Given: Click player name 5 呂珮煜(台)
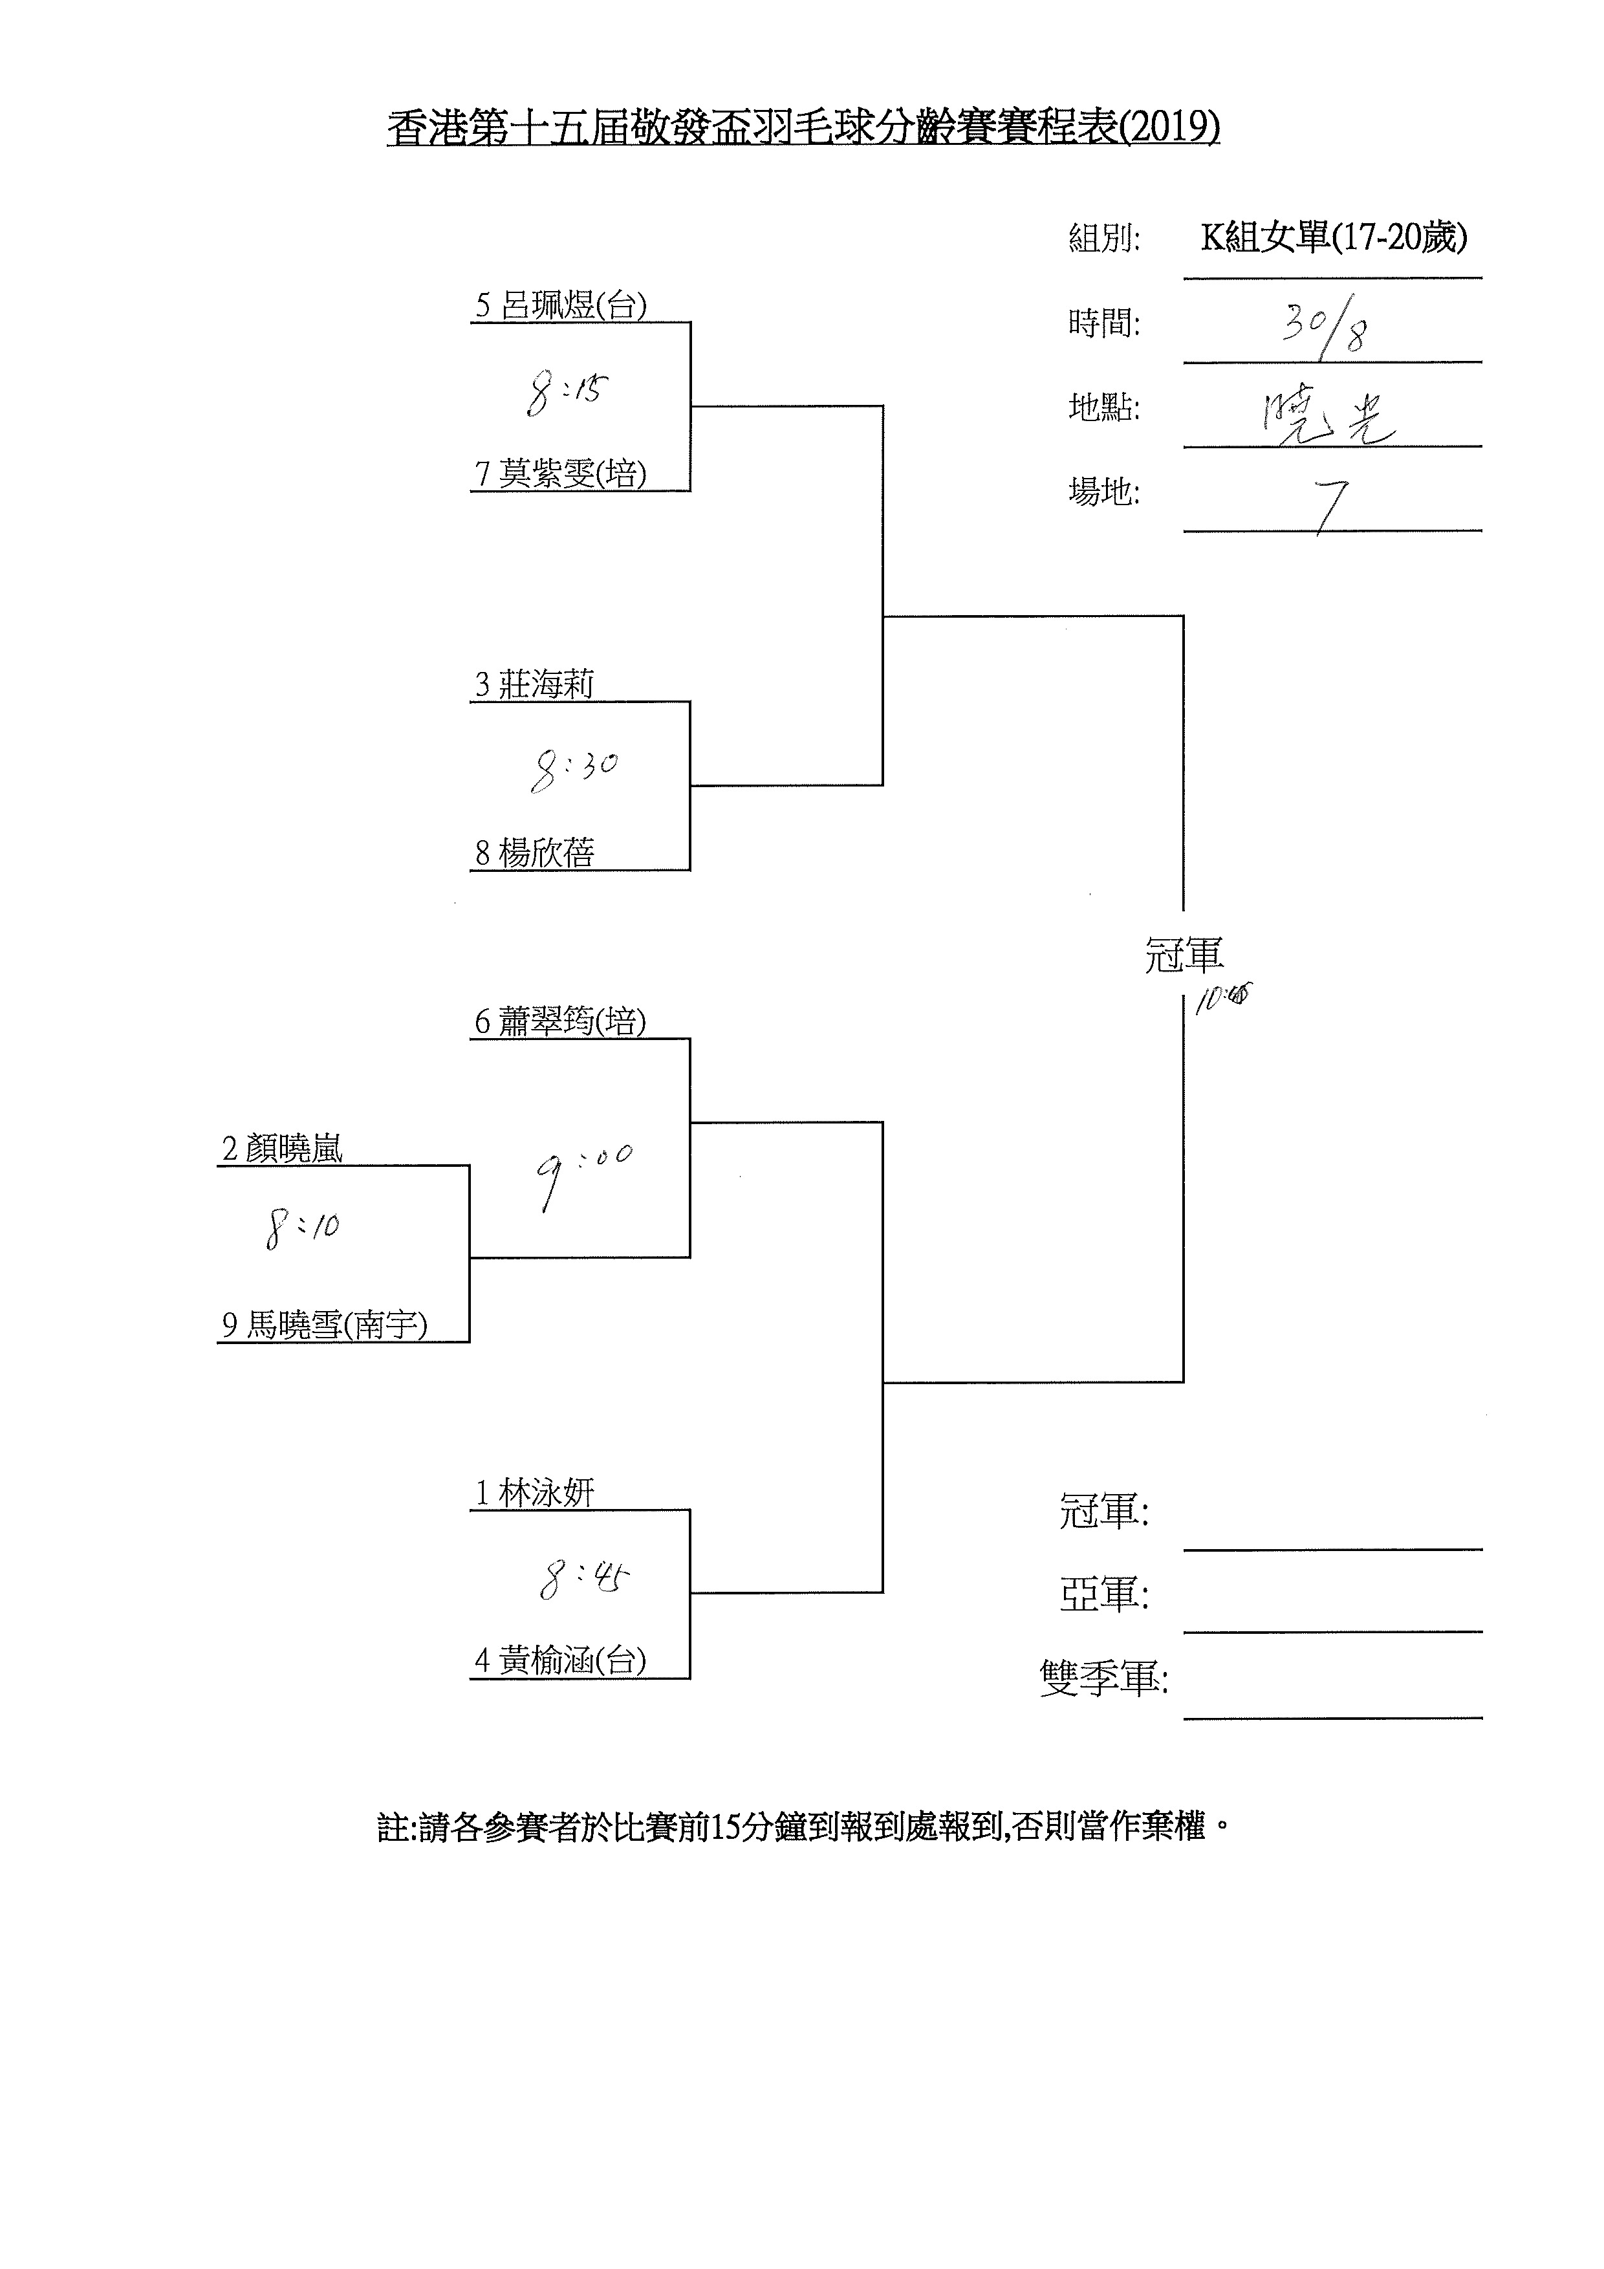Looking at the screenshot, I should point(560,305).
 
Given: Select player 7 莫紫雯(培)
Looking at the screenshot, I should point(560,473).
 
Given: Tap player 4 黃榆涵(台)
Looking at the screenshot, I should point(560,1661).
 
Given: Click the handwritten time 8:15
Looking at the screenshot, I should point(567,393).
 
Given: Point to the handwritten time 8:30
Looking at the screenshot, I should point(573,770).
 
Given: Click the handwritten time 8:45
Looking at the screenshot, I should point(584,1578).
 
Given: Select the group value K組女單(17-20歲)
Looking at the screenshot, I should point(1333,237).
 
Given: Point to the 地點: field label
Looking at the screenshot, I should point(1104,407).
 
